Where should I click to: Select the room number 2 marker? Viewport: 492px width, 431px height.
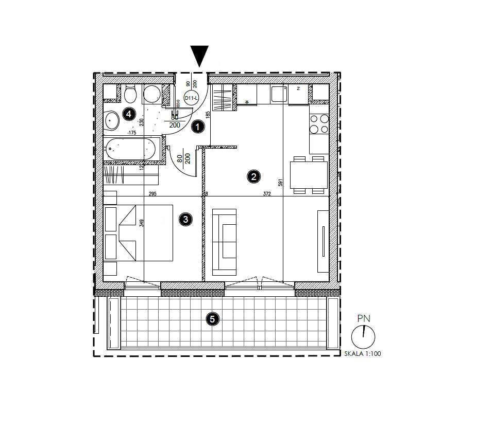pos(253,177)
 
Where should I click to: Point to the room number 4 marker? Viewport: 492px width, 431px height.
pos(129,114)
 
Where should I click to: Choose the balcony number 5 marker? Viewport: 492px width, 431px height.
pos(212,319)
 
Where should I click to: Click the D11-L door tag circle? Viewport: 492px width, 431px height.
pos(191,98)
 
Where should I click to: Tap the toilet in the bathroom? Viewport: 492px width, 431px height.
pos(130,95)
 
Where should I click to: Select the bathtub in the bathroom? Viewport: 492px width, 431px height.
pos(131,149)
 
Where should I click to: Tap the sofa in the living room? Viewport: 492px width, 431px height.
pos(225,240)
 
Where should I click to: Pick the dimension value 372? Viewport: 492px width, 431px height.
pos(267,194)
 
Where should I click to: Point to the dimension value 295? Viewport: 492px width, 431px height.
pos(152,194)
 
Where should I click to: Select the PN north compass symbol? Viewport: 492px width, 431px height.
pos(363,336)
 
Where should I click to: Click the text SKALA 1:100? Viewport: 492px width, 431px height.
pos(362,354)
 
